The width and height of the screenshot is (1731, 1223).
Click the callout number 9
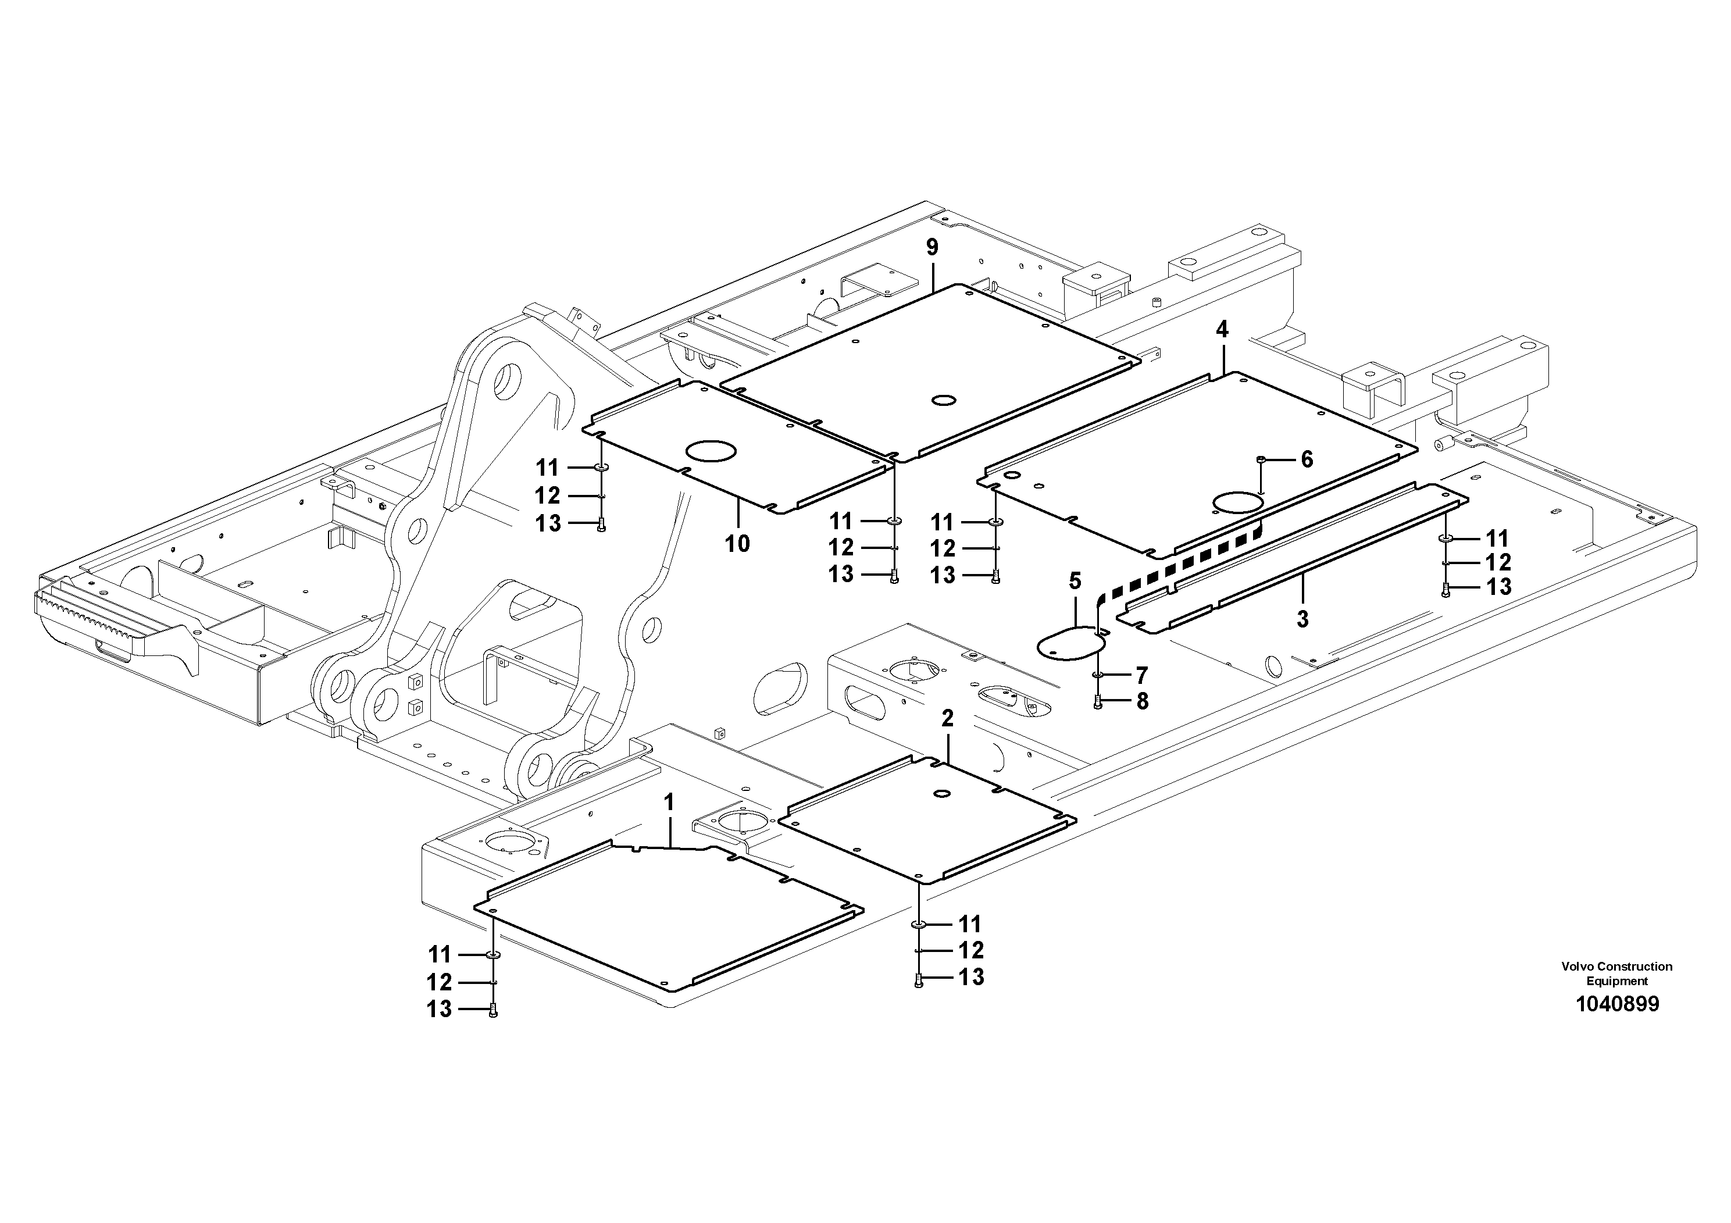(x=933, y=247)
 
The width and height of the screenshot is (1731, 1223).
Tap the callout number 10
(x=737, y=543)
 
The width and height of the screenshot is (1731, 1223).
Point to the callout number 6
(x=1307, y=459)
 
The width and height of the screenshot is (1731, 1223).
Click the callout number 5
(x=1075, y=582)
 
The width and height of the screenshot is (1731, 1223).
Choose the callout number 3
(x=1302, y=619)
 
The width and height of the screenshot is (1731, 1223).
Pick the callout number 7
(x=1142, y=675)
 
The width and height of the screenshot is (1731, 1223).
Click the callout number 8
(x=1142, y=701)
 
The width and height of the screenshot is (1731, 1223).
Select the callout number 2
(x=948, y=719)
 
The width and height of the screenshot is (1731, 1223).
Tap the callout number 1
(x=669, y=803)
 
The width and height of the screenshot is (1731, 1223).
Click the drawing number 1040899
(x=1617, y=1004)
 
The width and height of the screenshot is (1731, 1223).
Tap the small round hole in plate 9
(x=943, y=400)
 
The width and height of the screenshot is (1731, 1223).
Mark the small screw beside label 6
(x=1261, y=459)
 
